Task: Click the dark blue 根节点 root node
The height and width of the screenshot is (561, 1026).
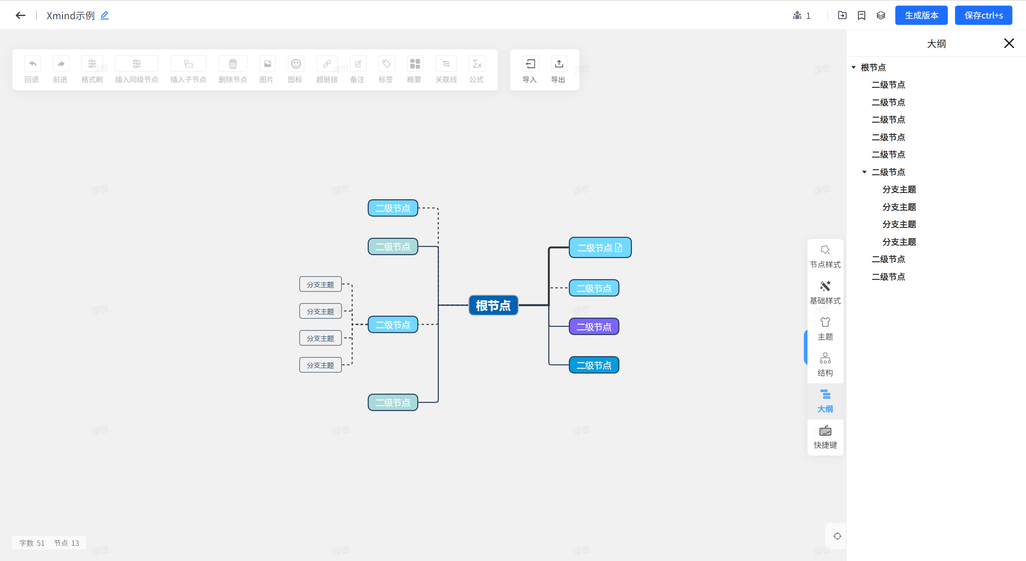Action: click(493, 306)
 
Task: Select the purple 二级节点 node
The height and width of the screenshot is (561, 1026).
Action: click(593, 327)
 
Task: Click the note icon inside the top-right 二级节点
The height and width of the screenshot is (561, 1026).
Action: click(619, 248)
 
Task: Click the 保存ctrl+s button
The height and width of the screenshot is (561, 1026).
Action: click(983, 16)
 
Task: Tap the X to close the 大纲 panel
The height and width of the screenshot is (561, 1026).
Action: click(1009, 43)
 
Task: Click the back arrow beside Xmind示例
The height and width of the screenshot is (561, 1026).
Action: click(20, 16)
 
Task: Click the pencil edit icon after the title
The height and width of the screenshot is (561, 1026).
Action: click(105, 16)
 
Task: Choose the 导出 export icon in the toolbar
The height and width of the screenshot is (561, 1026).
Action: click(559, 64)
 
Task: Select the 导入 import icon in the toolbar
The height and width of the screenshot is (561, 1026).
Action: click(530, 64)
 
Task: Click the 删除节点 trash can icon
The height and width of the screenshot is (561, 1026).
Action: click(233, 64)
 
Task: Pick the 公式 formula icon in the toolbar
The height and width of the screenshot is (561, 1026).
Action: click(477, 64)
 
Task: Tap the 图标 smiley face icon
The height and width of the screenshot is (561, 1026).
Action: click(295, 64)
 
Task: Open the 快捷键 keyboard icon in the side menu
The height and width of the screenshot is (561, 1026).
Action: click(825, 431)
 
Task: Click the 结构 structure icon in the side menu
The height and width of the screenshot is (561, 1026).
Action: click(825, 358)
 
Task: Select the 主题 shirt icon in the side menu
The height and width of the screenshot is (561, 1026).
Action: click(825, 322)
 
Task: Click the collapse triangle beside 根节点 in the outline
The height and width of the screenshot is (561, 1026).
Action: click(854, 67)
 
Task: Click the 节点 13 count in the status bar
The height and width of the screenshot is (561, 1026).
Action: click(67, 543)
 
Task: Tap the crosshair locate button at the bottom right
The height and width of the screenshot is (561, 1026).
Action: click(837, 536)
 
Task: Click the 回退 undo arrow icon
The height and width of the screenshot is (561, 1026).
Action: click(32, 64)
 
